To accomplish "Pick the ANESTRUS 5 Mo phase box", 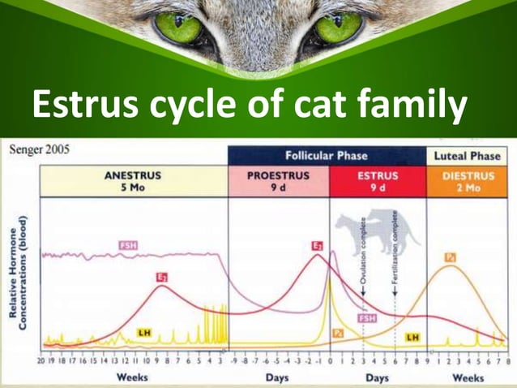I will coord(134,181).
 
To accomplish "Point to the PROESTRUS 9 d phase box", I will coord(279,181).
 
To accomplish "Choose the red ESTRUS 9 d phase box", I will coord(378,181).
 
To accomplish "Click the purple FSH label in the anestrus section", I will coord(127,245).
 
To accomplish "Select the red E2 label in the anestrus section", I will coord(163,277).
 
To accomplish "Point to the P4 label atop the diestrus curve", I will coord(451,257).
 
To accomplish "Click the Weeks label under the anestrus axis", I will coord(132,377).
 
